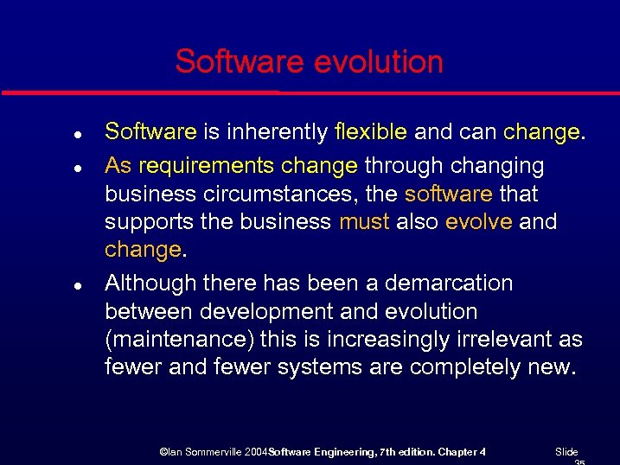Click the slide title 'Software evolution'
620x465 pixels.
(309, 62)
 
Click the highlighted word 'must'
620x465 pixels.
(363, 222)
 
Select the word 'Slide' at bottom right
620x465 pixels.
(566, 452)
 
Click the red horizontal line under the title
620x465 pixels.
(310, 92)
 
